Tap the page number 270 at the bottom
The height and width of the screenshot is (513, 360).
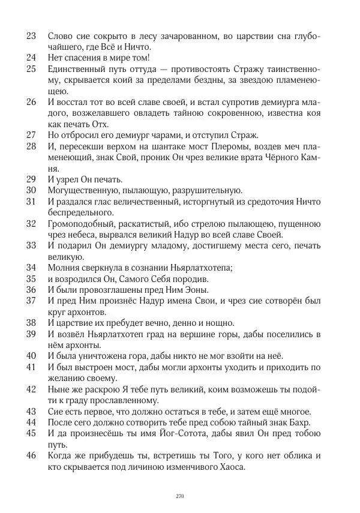tap(179, 496)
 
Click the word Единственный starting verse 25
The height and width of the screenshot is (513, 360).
tap(76, 70)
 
